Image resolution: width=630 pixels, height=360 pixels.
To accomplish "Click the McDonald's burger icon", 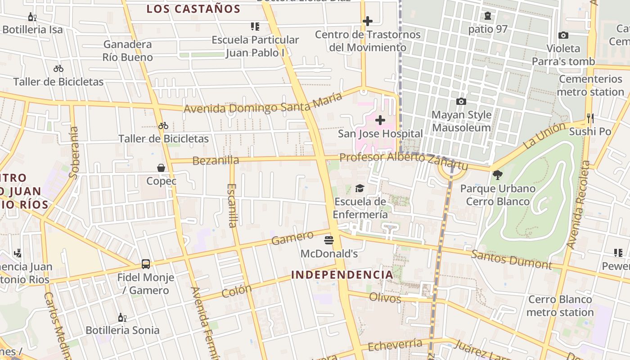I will coord(329,240).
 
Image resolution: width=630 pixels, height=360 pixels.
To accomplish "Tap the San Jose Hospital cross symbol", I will coord(380,120).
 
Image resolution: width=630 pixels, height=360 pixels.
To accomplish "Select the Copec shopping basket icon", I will coord(161,168).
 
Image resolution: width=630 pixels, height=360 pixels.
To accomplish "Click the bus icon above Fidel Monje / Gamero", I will coord(146,264).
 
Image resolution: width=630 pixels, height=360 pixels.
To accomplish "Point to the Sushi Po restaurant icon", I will coord(590,118).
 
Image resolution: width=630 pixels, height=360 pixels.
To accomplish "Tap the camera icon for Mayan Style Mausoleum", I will coord(461,102).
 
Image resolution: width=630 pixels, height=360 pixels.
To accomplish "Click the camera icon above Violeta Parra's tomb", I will coord(563,35).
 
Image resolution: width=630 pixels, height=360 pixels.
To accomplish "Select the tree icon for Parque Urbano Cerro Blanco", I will coord(497,175).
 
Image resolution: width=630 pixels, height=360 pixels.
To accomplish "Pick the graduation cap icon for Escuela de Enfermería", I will coord(360,188).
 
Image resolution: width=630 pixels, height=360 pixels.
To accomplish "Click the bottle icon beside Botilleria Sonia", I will coord(122,317).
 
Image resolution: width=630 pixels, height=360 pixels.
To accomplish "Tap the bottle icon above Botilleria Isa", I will coord(32,17).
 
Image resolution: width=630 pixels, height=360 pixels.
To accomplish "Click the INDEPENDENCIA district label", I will coord(342,274).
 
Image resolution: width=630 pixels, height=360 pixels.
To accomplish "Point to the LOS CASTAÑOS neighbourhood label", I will coord(193,9).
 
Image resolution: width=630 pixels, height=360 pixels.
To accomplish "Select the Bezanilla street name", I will coord(216,160).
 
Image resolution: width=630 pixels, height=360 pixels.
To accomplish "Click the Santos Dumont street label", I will coord(511,260).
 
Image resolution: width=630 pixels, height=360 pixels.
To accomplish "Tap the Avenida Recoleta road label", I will coord(578,205).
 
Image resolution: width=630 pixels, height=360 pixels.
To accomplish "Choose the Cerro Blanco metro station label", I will coord(560,306).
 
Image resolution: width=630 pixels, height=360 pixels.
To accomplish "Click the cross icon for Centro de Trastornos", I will coord(368,21).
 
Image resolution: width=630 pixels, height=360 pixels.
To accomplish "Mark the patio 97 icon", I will coord(488,16).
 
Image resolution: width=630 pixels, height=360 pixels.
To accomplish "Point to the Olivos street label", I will coord(385,297).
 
